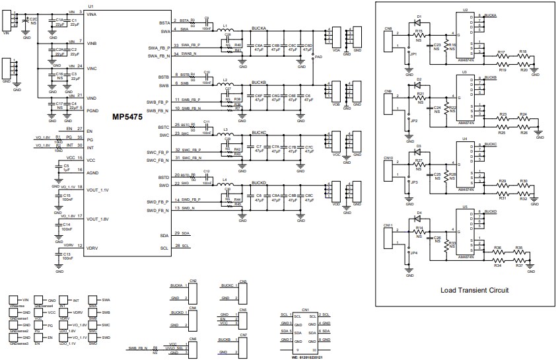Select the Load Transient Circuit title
click(474, 290)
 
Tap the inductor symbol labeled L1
click(226, 31)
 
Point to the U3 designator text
click(465, 71)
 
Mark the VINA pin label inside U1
click(95, 13)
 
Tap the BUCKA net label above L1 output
click(260, 29)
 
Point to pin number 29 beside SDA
click(178, 234)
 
